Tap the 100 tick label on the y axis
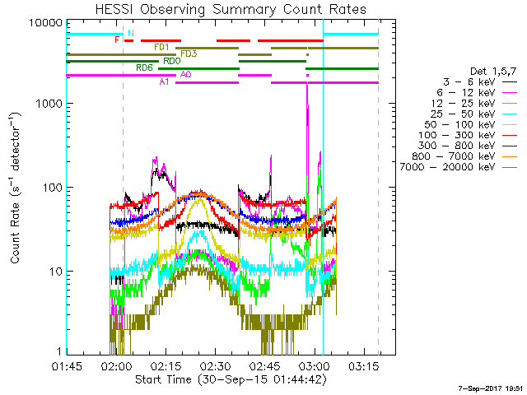(x=52, y=188)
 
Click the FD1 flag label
(x=161, y=47)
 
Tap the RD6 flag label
(x=144, y=67)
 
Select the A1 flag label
(x=164, y=81)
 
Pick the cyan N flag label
(x=130, y=33)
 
